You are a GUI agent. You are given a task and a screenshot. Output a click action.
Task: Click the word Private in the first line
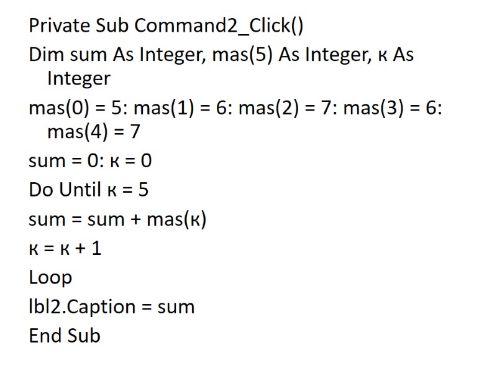tap(60, 26)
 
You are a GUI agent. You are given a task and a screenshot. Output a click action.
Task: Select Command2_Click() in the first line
tap(219, 26)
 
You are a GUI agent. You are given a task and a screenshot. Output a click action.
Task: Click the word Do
tap(41, 190)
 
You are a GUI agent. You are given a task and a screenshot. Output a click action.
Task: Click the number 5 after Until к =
tap(144, 190)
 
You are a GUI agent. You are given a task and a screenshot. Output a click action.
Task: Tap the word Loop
tap(50, 278)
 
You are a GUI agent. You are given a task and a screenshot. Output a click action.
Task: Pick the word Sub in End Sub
tap(83, 336)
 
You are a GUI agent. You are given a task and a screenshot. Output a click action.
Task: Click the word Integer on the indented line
tap(79, 79)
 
